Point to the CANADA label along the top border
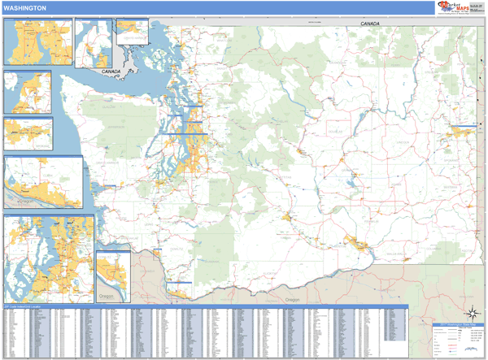tap(371, 25)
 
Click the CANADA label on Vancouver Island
tap(111, 72)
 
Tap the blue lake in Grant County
tap(351, 181)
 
